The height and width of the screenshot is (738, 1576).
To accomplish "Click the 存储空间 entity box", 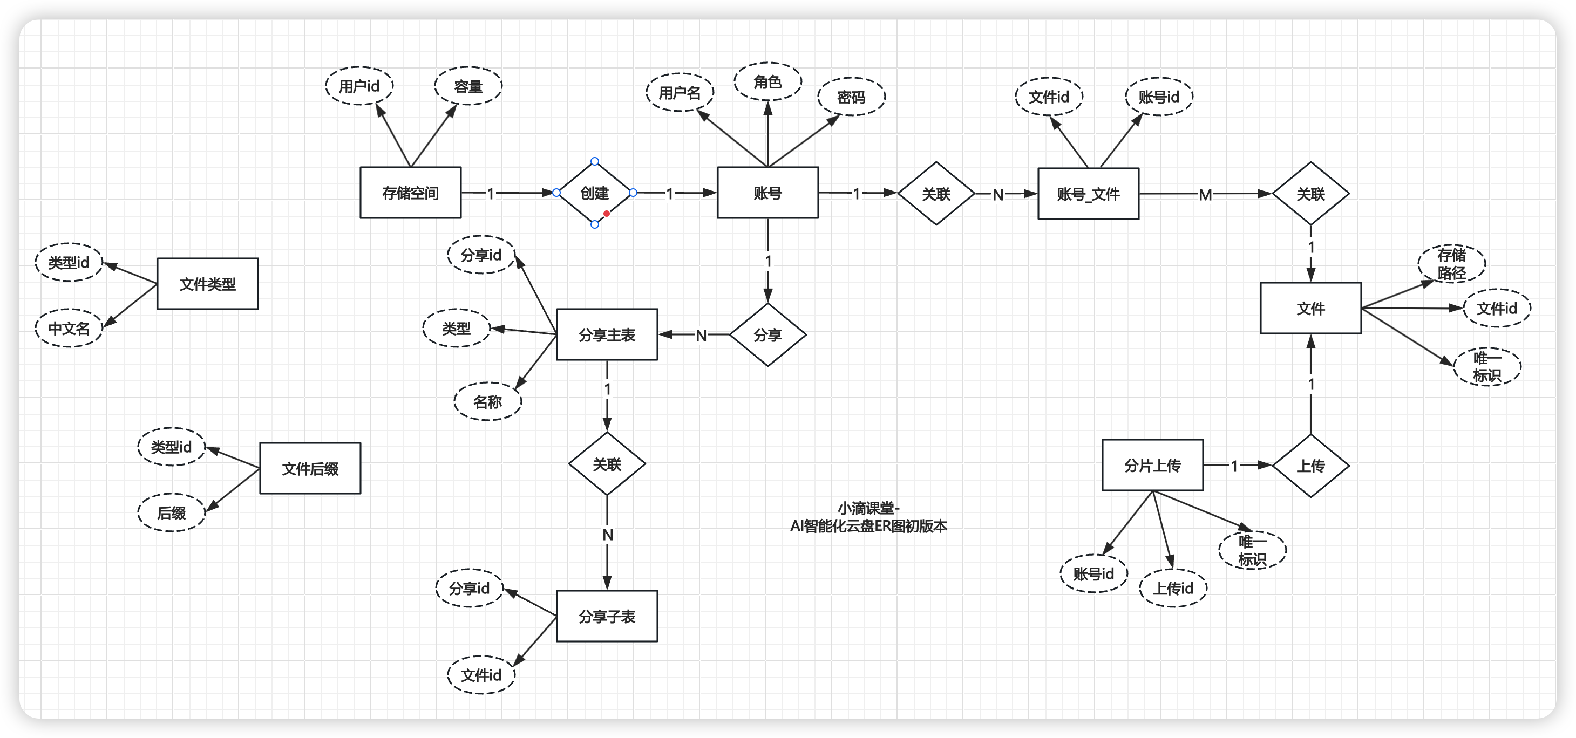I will (x=410, y=193).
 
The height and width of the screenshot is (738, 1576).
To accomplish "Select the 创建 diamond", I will (x=594, y=193).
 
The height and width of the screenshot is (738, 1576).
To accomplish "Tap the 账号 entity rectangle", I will (x=767, y=193).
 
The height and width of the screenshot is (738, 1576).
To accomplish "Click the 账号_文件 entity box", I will (x=1088, y=194).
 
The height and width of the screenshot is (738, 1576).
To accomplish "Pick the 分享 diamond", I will (x=767, y=335).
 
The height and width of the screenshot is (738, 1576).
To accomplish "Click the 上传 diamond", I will (x=1310, y=466).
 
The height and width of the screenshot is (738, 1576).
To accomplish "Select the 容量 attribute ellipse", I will (x=468, y=86).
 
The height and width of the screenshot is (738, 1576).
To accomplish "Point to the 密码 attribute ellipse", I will (x=851, y=97).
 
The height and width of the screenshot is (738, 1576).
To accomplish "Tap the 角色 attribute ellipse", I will (x=767, y=81).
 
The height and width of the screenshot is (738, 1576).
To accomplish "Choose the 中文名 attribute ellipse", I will (x=69, y=329).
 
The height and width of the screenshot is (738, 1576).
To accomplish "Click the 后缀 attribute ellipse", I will (x=171, y=513).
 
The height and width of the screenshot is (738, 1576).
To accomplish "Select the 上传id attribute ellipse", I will (x=1173, y=588).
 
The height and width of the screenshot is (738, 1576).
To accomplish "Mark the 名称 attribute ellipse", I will (x=487, y=402).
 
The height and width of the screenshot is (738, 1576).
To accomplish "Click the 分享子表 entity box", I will (x=606, y=616).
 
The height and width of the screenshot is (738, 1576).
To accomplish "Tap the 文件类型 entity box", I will (x=207, y=284).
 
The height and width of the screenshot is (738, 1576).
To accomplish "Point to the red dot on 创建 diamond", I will (x=606, y=214).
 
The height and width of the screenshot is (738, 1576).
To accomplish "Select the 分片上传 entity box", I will (x=1152, y=466).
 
